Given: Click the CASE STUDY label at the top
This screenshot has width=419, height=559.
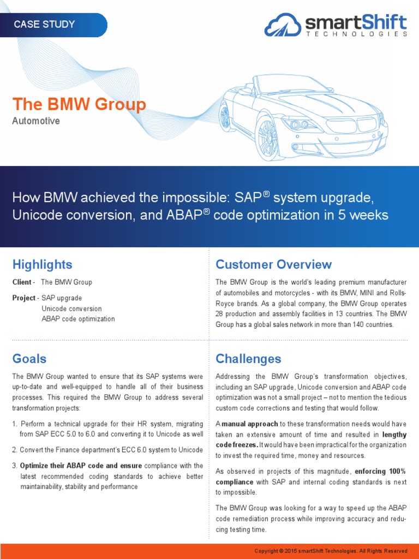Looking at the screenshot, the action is tap(44, 25).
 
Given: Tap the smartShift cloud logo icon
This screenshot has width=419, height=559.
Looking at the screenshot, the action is tap(283, 25).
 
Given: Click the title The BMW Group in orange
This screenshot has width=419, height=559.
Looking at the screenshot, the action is tap(79, 104).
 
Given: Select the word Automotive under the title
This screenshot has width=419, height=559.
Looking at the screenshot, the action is tap(36, 121).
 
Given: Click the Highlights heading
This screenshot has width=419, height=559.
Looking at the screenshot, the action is tap(42, 265).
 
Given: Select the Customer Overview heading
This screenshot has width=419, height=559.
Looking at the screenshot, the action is tap(273, 265).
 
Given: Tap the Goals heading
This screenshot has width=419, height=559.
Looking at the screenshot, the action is tap(29, 359).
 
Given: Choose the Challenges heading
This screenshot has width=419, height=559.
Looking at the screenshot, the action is tap(248, 359).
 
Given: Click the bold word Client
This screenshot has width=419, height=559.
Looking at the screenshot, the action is tap(22, 282).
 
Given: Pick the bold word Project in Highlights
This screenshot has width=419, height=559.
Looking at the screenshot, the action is tap(24, 298).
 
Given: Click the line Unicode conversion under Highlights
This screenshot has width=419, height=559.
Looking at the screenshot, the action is tap(71, 308).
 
